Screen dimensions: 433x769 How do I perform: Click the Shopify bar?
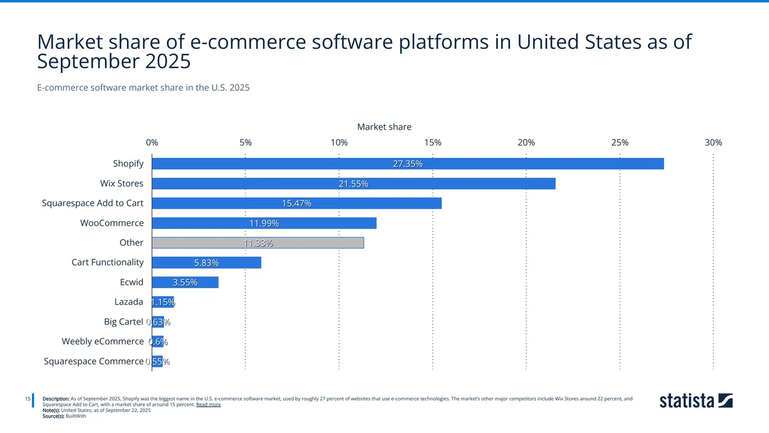[408, 164]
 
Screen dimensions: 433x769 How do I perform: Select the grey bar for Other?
[258, 242]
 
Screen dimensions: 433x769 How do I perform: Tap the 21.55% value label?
[353, 184]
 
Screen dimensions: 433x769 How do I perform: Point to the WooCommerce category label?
[112, 223]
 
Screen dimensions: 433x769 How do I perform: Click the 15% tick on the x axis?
[433, 142]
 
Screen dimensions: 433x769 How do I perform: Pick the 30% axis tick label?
[713, 142]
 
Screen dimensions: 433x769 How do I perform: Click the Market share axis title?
[384, 127]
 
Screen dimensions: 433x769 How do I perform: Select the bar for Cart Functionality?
[206, 262]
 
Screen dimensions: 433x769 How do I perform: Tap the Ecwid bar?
[185, 282]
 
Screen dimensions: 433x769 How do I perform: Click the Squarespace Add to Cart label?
[92, 203]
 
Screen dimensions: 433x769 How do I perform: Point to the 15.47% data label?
[296, 204]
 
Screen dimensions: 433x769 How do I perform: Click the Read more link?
[208, 405]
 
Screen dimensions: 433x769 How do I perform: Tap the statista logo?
[696, 401]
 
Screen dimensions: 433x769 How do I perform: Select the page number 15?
[28, 400]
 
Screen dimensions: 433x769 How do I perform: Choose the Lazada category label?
[128, 301]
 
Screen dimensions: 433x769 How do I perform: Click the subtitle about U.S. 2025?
[143, 87]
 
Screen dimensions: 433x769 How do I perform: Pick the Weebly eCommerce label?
[103, 341]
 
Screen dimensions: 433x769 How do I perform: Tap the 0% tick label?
[152, 142]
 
